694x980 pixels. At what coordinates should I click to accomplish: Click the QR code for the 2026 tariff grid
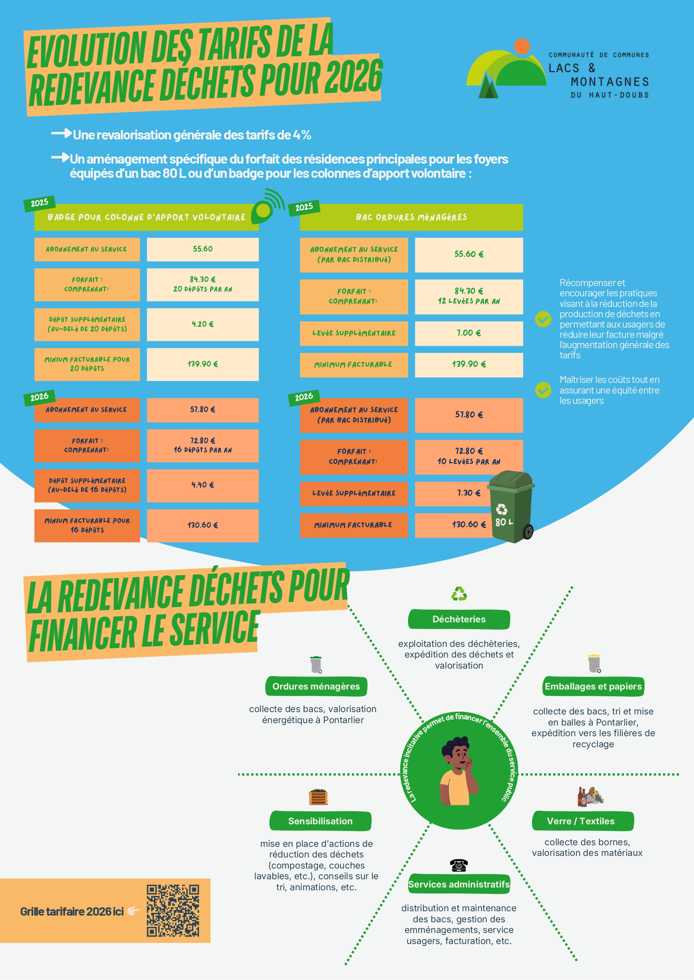coord(173,910)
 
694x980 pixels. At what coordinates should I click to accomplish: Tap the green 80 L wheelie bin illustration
coord(511,507)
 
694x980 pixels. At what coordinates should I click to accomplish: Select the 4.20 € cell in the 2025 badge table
coord(202,324)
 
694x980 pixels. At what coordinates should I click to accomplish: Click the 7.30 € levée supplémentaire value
coord(468,493)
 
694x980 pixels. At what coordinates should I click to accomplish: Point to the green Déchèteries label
coord(459,619)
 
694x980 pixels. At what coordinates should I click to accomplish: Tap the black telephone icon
coord(459,865)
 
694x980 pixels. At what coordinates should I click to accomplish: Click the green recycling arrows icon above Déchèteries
coord(459,594)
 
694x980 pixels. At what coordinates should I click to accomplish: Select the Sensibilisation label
coord(320,821)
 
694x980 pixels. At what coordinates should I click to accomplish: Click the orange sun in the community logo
coord(522,46)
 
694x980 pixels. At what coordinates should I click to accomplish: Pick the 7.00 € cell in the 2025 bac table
coord(468,333)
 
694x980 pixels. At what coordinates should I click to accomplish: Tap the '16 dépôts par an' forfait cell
coord(202,445)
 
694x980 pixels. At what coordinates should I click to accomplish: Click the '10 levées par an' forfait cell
coord(468,456)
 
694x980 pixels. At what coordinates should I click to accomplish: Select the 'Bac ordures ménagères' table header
coord(411,217)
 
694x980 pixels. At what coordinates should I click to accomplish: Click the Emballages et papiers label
coord(593,686)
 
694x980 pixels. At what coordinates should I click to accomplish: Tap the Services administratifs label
coord(459,884)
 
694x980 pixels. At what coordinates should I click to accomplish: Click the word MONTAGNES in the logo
coord(609,81)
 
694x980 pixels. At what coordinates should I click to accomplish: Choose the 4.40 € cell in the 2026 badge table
coord(202,485)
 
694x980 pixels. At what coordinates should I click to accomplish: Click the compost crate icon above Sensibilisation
coord(318,797)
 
